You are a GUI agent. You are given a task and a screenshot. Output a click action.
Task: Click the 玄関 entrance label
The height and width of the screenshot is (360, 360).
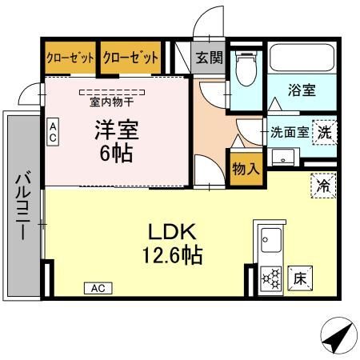209,58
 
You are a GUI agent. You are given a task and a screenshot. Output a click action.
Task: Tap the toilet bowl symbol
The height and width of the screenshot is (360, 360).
246,68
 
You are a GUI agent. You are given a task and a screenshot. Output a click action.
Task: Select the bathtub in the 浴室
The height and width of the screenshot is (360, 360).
302,58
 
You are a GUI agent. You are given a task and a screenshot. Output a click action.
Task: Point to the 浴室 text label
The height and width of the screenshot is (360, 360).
302,90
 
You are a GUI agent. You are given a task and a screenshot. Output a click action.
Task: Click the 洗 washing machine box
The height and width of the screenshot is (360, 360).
325,133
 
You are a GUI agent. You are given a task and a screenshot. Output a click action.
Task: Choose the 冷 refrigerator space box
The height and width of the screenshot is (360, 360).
323,186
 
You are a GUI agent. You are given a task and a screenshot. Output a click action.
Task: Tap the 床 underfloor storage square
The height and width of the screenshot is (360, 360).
300,278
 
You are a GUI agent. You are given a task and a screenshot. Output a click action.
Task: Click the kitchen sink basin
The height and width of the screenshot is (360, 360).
271,240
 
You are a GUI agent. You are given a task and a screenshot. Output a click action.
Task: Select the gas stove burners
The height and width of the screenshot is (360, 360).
271,279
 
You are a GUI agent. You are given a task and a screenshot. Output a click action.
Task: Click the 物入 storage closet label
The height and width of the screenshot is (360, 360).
246,169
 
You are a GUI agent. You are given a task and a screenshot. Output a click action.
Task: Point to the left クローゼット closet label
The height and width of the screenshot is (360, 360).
70,58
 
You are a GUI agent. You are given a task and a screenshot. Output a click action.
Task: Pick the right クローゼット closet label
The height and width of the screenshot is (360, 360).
130,58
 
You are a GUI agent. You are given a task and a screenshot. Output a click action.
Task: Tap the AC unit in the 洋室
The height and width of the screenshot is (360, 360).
53,132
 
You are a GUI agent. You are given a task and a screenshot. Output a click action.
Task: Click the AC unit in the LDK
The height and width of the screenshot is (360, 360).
98,288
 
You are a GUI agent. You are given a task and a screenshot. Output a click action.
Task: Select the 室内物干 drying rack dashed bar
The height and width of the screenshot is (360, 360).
112,93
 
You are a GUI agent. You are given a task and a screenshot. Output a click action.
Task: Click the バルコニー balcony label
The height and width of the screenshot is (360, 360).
23,205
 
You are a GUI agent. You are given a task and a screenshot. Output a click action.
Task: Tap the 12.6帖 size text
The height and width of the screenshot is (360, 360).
173,255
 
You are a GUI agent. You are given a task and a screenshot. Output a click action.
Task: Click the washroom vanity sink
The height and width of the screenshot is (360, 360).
282,158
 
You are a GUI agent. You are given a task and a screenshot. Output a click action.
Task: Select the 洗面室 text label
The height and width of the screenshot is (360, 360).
290,132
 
